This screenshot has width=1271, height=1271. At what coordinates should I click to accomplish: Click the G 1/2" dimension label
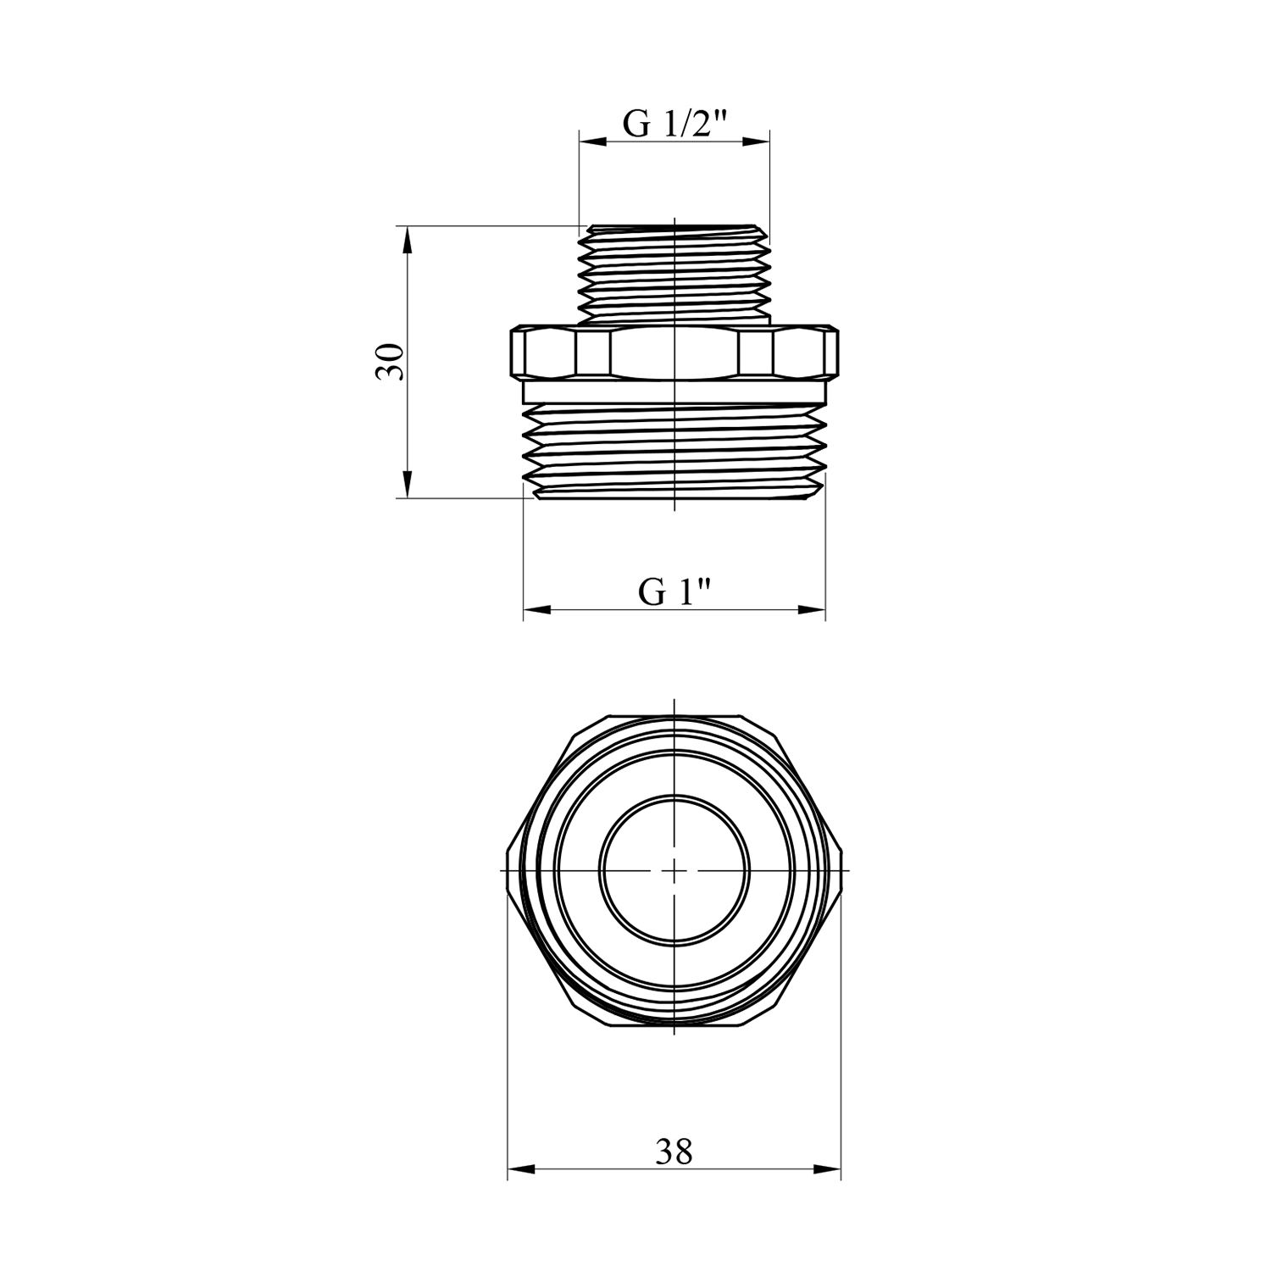675,125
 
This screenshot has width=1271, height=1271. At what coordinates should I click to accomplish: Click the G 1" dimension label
674,592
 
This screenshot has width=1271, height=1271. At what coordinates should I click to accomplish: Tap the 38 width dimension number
674,1152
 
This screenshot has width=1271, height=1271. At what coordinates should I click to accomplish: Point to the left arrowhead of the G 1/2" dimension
593,142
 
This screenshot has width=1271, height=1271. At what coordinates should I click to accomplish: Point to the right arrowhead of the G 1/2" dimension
756,142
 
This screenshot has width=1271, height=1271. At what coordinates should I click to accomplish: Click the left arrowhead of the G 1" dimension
537,609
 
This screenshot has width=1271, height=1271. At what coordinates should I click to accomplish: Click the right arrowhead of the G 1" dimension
812,609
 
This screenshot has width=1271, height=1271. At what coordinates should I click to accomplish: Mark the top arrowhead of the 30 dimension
407,240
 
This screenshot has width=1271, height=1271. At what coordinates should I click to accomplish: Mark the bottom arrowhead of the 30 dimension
407,485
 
